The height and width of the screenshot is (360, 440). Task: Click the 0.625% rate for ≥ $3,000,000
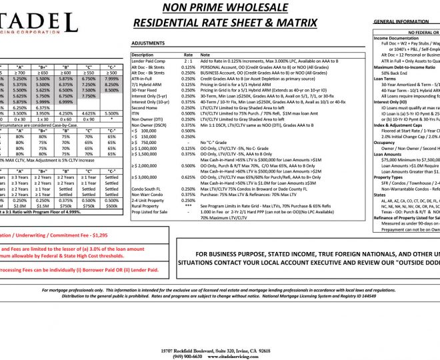coord(189,177)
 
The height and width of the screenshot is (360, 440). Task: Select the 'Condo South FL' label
coord(147,189)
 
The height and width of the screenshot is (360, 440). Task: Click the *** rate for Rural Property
coord(189,206)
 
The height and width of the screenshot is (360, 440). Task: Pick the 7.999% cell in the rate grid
coord(111,79)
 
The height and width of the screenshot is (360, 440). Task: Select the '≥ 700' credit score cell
coord(19,73)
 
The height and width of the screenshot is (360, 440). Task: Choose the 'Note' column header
coord(205,55)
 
